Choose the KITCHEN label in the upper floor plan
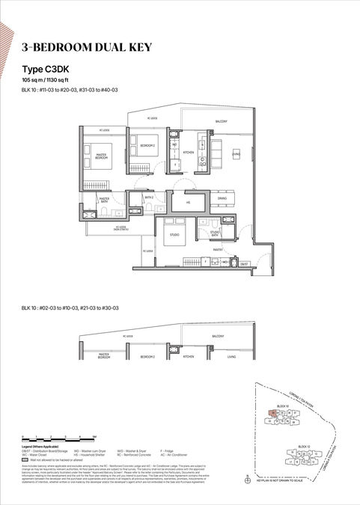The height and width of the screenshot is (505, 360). coord(188,152)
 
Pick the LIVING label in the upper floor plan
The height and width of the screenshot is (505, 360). coord(235,154)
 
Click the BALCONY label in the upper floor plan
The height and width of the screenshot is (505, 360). coord(222,120)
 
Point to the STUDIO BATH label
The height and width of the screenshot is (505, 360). coord(214,233)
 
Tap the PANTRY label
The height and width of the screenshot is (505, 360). coord(218,250)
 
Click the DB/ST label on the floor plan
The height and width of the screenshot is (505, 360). coord(244,263)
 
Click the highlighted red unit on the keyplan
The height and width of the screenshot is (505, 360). coord(275,412)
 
